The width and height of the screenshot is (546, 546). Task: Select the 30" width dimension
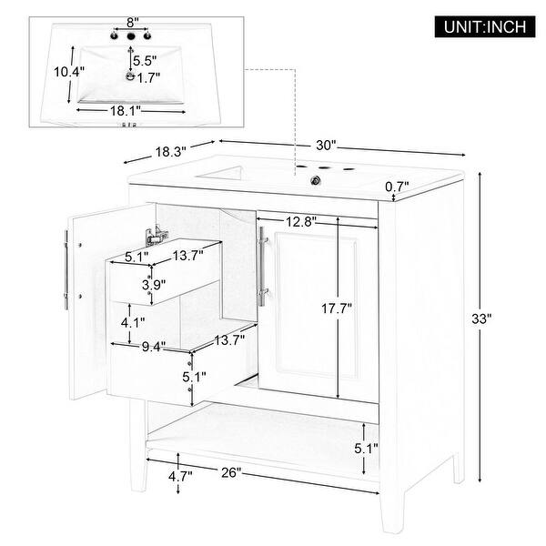(x=327, y=145)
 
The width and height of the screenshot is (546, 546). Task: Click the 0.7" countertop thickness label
(x=421, y=188)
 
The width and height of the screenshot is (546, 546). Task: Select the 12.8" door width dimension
(x=298, y=221)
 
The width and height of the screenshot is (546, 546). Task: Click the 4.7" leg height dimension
(x=179, y=475)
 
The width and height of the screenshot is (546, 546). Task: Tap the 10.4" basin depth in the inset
(x=57, y=70)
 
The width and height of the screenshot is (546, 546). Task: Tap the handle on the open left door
(x=66, y=270)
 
